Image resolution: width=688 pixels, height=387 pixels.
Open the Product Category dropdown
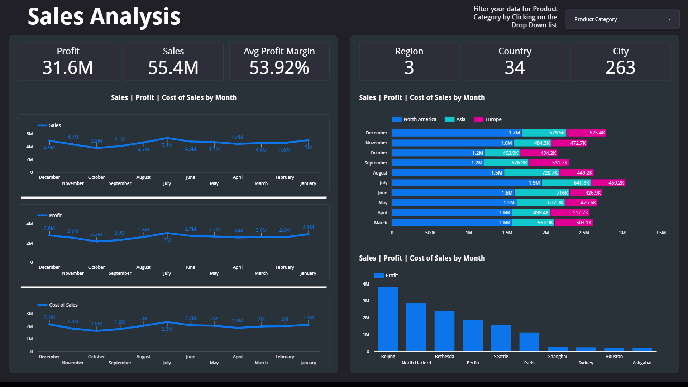click(x=622, y=19)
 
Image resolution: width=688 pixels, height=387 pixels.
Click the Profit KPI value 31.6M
click(x=68, y=67)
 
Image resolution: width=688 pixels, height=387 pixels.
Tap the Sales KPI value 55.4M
click(x=173, y=67)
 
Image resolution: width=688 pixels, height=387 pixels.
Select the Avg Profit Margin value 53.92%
click(x=279, y=67)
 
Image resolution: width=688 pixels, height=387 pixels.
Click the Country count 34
click(x=515, y=67)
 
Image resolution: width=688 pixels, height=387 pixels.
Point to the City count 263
click(x=620, y=67)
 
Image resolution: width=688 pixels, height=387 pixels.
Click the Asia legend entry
click(x=455, y=119)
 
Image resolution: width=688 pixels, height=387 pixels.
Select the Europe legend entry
click(x=488, y=119)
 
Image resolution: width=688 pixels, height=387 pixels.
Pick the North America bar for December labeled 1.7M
click(x=457, y=133)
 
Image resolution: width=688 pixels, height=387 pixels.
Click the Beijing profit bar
click(x=388, y=319)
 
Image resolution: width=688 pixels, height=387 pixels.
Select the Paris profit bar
click(x=529, y=342)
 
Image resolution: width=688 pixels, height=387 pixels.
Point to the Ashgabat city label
click(x=642, y=363)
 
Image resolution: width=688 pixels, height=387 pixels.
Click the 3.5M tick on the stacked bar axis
click(x=660, y=233)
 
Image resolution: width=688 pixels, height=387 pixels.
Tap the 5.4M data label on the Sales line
click(x=167, y=145)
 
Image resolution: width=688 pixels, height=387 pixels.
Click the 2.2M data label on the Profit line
click(x=96, y=234)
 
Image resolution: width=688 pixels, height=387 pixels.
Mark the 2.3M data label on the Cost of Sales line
click(x=167, y=329)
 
